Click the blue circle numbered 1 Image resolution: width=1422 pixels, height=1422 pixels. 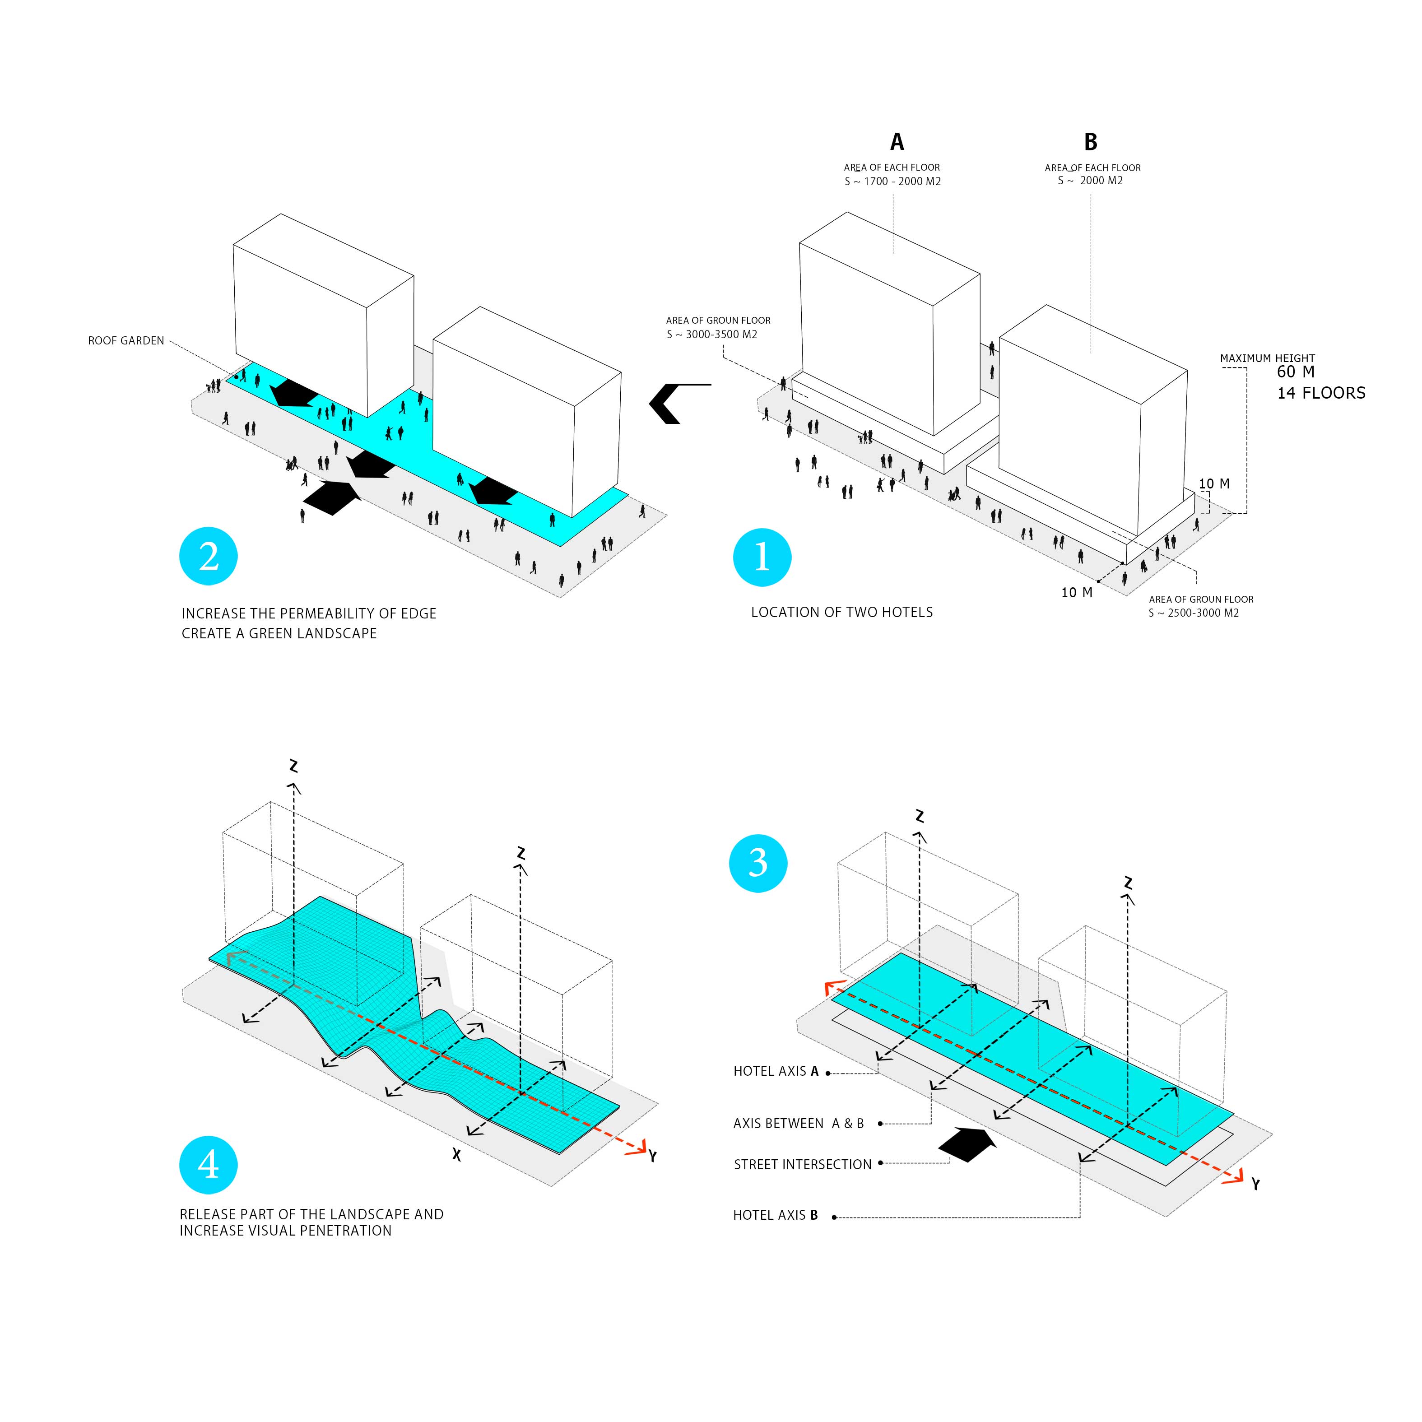(762, 557)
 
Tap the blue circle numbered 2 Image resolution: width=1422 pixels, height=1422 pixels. (208, 557)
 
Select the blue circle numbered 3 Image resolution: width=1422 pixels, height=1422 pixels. (758, 863)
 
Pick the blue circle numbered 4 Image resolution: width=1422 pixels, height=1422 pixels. (208, 1164)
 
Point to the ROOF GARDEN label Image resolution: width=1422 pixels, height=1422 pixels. (126, 341)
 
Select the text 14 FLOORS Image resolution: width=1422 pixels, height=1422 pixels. (1321, 393)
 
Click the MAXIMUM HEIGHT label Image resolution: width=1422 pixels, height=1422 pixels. (1268, 358)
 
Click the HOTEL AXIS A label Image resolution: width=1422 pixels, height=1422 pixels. (776, 1071)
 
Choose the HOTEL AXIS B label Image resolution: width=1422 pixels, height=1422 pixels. (775, 1215)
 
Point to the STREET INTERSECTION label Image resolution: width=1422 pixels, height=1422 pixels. (802, 1164)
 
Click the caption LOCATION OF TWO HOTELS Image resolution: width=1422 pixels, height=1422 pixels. (841, 613)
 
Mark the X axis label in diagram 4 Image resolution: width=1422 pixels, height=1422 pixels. (457, 1155)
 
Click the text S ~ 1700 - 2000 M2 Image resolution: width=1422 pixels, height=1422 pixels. (893, 181)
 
